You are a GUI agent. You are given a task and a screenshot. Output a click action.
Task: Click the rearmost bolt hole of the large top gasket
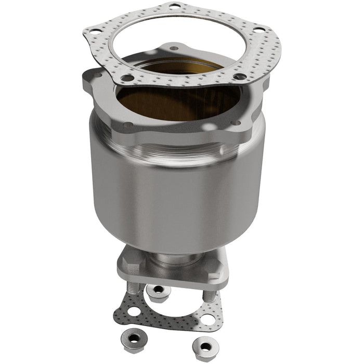click(x=174, y=7)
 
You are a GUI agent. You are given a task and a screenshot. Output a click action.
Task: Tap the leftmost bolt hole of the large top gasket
click(x=94, y=31)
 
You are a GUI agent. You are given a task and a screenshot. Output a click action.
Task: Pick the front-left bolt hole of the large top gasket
click(x=126, y=79)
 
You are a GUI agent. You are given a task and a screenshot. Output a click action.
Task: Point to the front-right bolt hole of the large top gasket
click(x=240, y=76)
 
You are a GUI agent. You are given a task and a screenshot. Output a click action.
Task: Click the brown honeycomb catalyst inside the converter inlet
click(x=172, y=101)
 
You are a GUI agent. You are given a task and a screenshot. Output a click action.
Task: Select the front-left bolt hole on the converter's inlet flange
click(x=127, y=124)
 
